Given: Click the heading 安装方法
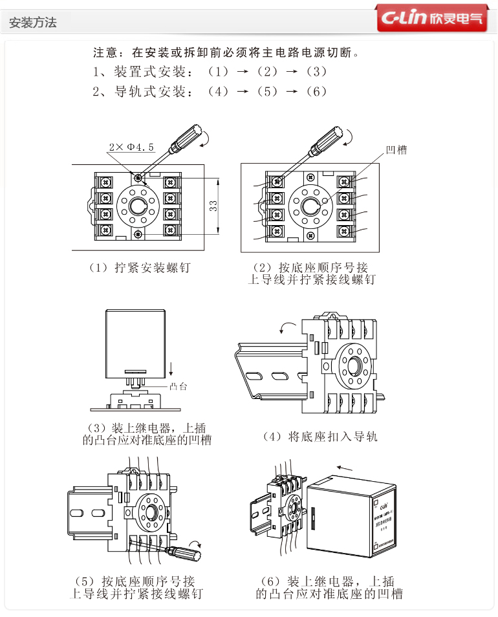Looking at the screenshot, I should point(33,23).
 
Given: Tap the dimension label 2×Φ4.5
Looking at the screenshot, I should point(132,147).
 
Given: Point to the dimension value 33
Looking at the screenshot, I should point(213,206).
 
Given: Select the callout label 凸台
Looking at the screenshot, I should point(179,387).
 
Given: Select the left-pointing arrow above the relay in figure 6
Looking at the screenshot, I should point(345,466).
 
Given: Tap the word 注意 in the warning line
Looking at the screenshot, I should point(104,51).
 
